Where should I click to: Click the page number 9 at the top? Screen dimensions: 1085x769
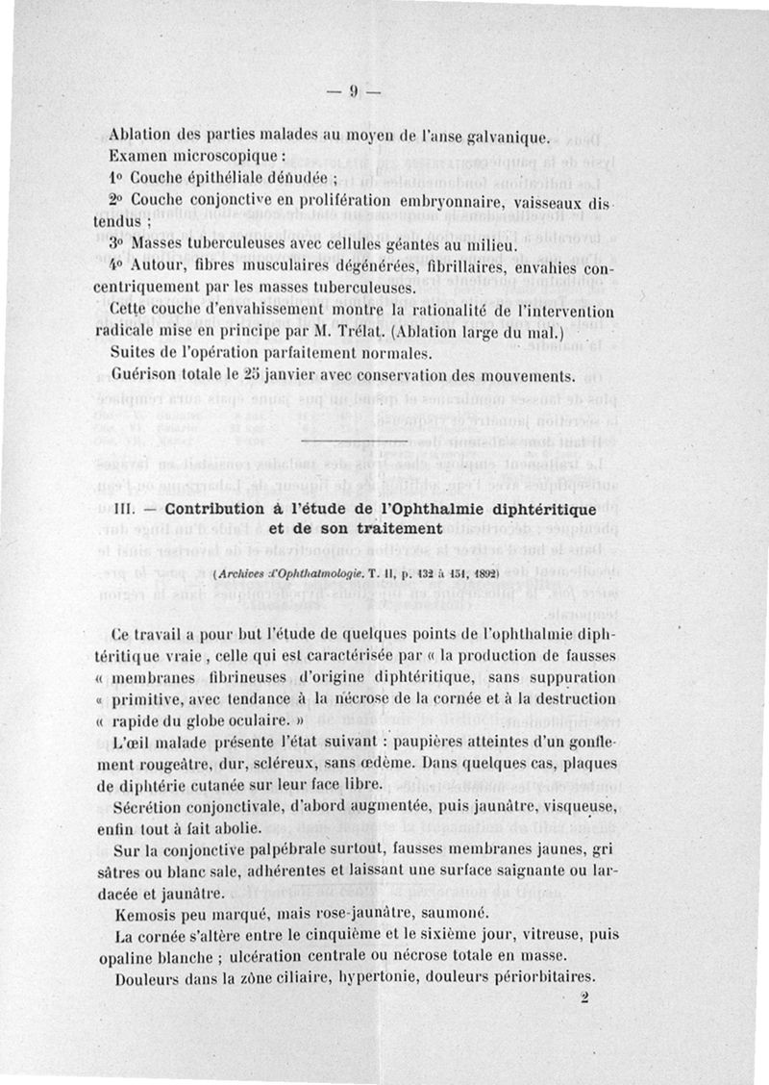[353, 92]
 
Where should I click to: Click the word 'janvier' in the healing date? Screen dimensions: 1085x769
[296, 373]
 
